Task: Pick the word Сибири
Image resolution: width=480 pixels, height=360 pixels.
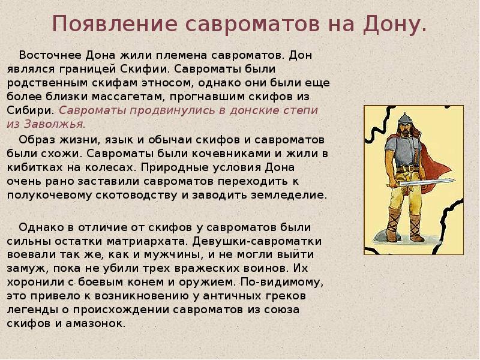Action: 31,110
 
